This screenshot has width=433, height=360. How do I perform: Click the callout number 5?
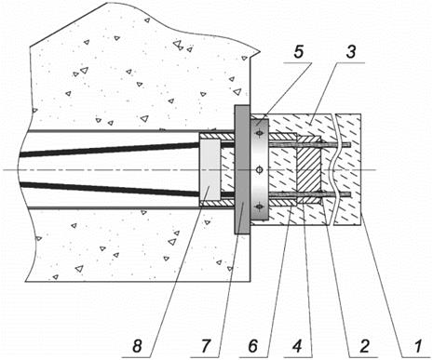pos(298,51)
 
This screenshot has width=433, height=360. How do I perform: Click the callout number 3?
pos(350,51)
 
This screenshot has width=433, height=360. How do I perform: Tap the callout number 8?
pos(137,346)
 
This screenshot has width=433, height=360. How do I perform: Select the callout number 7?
pos(205,346)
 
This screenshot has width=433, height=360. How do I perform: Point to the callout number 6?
pos(253,346)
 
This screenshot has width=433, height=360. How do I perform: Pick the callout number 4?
pos(297,346)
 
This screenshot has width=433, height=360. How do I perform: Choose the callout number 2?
pos(364,346)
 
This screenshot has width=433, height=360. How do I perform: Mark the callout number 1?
pos(417,346)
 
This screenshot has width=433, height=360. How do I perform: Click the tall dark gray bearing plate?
pos(242,169)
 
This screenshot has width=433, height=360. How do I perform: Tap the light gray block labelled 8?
pos(210,169)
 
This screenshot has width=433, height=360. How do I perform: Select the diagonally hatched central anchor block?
pos(308,170)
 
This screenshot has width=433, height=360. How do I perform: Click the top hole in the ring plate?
pos(259,133)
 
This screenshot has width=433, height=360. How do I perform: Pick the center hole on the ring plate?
pos(260,169)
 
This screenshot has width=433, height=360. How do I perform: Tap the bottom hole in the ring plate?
pos(259,207)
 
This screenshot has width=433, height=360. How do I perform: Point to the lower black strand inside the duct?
pos(109,190)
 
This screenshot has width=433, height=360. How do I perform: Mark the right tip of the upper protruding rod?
pos(351,144)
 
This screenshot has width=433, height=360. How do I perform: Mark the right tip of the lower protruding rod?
pos(351,194)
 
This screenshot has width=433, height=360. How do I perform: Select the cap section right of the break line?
pos(348,169)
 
